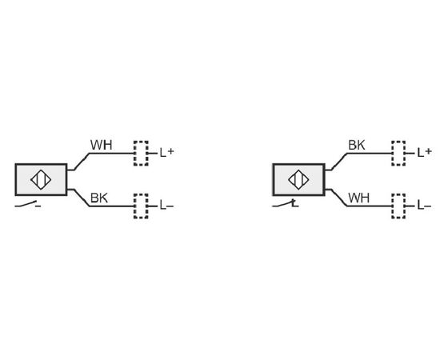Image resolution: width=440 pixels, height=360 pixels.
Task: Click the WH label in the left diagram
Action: coord(101,145)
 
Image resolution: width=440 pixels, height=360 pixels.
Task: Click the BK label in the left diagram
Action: coord(98,198)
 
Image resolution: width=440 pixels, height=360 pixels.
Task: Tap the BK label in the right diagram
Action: coord(357,145)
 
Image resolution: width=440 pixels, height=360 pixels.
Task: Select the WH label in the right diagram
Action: coord(359,198)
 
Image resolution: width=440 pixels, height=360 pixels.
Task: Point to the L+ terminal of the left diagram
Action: coord(166,153)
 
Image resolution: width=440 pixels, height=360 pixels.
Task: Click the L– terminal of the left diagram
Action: coord(166,206)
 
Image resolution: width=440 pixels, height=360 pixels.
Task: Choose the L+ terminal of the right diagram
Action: coord(424,153)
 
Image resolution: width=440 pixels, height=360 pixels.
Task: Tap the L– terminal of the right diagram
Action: coord(424,206)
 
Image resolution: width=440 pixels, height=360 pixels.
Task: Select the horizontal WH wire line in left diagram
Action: coord(111,154)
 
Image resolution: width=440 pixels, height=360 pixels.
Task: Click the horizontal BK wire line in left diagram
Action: coord(111,206)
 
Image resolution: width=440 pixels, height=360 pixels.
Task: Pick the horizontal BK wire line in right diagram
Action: coord(369,154)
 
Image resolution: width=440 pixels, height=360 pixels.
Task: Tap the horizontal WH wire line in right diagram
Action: coord(369,206)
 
